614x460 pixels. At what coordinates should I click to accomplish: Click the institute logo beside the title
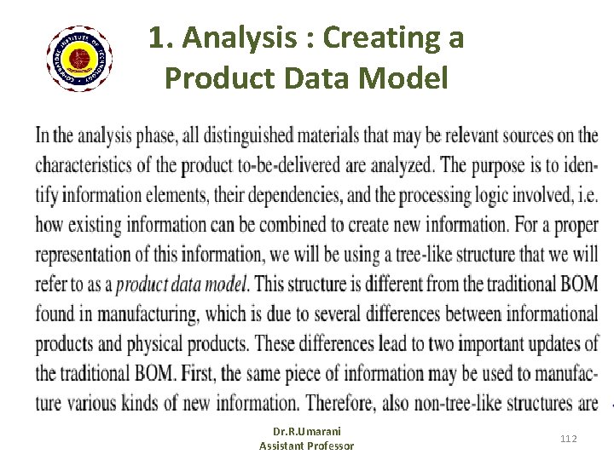tap(79, 59)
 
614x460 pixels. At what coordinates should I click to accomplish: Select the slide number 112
tap(568, 438)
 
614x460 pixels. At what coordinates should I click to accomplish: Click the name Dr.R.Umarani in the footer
tap(306, 433)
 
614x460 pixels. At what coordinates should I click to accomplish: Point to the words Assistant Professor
tap(306, 446)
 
